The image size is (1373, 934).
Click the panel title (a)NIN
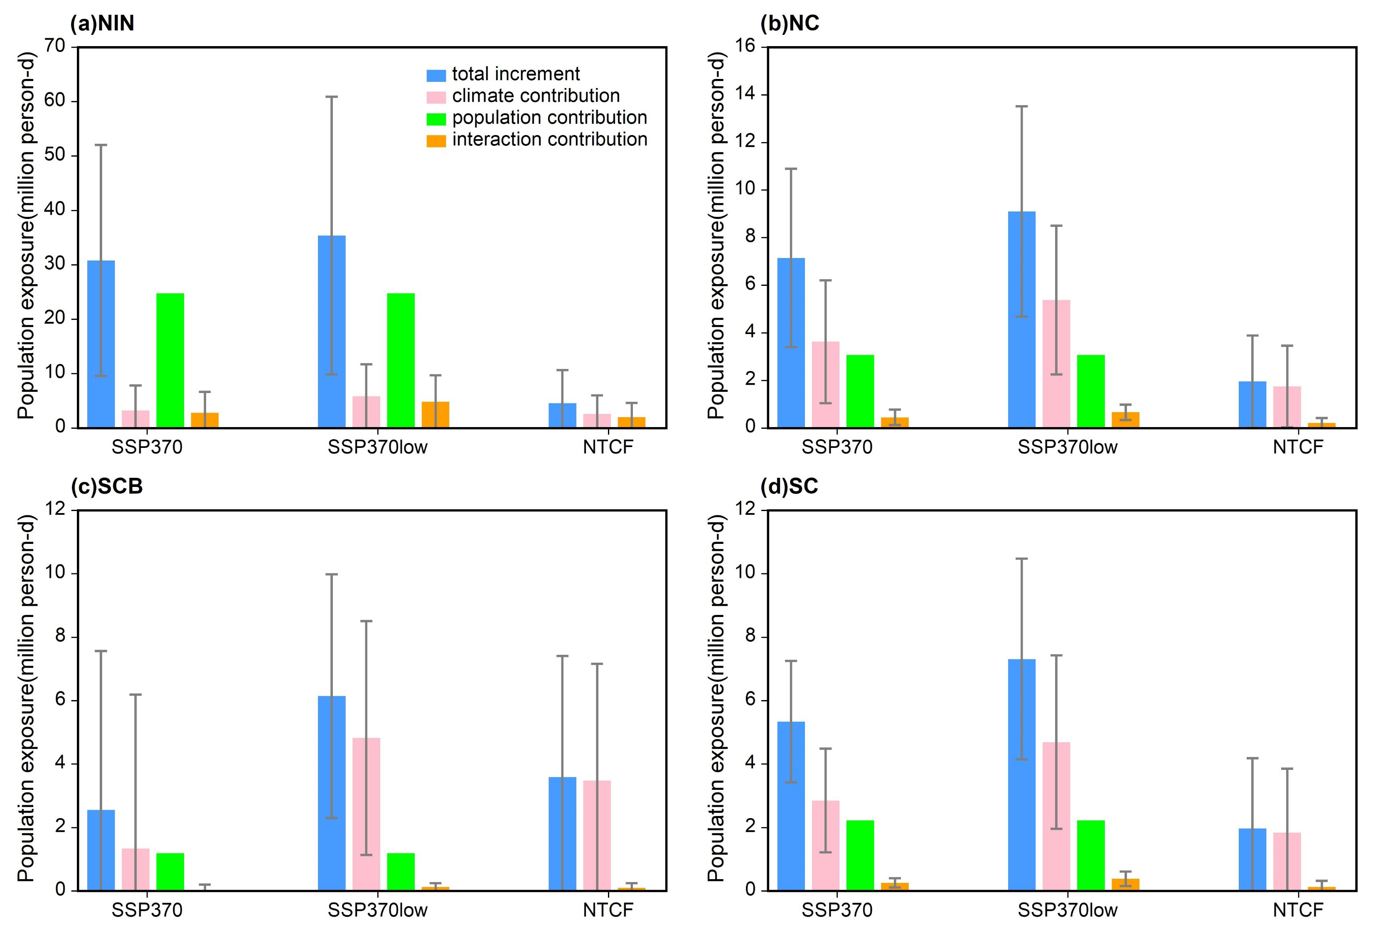click(x=102, y=24)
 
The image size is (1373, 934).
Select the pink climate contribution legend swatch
click(x=436, y=97)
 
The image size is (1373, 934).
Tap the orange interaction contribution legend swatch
click(x=436, y=140)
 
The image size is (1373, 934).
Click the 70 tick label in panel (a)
click(x=54, y=46)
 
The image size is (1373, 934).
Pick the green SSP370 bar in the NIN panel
click(x=170, y=360)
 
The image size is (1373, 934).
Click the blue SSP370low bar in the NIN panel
click(x=332, y=331)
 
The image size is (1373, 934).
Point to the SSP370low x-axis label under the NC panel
click(x=1068, y=447)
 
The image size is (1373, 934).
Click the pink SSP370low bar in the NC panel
click(x=1056, y=363)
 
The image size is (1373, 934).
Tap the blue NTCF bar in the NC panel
click(x=1252, y=404)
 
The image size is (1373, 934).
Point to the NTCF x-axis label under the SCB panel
click(x=608, y=910)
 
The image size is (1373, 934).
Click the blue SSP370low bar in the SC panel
click(x=1021, y=774)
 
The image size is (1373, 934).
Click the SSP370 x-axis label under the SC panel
click(x=837, y=910)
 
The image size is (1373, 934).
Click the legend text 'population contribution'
click(x=549, y=118)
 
